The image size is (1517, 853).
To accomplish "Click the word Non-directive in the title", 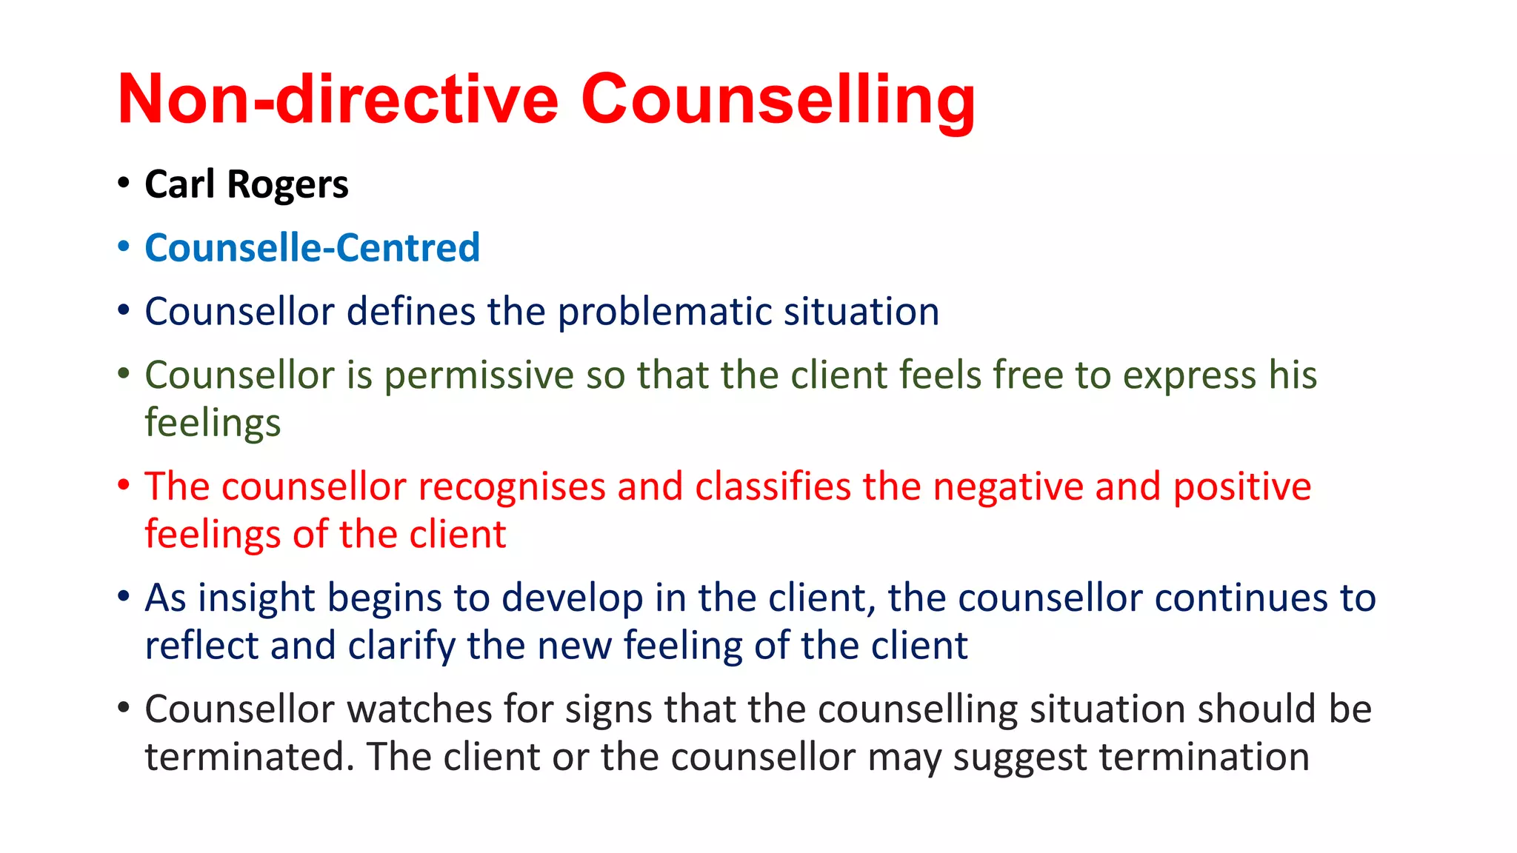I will point(337,100).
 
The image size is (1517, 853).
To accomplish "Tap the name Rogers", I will point(287,185).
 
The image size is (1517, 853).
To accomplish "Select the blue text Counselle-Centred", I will point(312,248).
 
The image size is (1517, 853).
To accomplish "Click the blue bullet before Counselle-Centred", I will point(124,247).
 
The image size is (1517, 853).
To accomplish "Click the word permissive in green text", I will point(479,375).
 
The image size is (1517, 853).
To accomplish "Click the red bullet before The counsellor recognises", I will point(124,486).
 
